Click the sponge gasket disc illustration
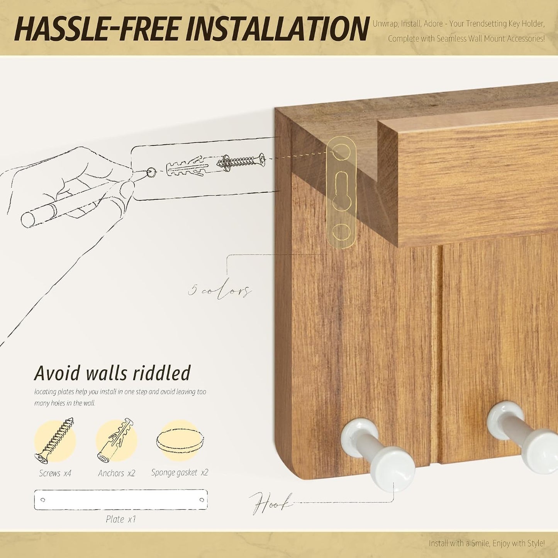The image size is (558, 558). point(180,443)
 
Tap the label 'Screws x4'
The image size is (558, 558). point(55,473)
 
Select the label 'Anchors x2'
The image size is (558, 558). point(116,473)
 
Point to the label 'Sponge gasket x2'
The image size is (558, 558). point(180,473)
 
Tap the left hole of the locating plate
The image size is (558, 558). point(43,500)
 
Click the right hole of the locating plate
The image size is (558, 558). point(202,500)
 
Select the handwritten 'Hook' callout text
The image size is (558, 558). point(271,504)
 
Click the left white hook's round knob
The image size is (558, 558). point(393,466)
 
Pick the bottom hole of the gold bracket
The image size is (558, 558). point(341,232)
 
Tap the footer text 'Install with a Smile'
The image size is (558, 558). point(459,543)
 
